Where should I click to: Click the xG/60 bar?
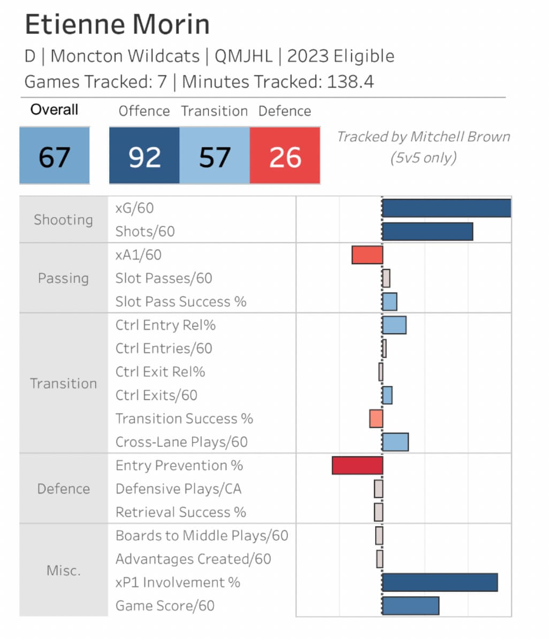pyautogui.click(x=446, y=208)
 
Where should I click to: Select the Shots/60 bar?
pyautogui.click(x=427, y=232)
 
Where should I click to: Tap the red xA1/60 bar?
pyautogui.click(x=367, y=255)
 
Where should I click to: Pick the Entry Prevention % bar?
pyautogui.click(x=357, y=465)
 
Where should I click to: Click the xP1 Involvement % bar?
pyautogui.click(x=440, y=582)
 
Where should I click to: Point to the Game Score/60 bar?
pyautogui.click(x=410, y=606)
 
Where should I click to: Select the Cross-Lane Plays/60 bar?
pyautogui.click(x=395, y=442)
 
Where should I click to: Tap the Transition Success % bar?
pyautogui.click(x=376, y=419)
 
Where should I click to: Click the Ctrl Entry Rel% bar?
pyautogui.click(x=394, y=325)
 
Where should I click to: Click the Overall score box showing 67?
pyautogui.click(x=55, y=157)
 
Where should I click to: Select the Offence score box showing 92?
pyautogui.click(x=144, y=157)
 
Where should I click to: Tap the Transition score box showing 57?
pyautogui.click(x=215, y=157)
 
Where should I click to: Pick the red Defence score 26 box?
pyautogui.click(x=285, y=157)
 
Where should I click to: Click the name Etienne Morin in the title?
pyautogui.click(x=117, y=25)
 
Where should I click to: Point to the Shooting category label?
pyautogui.click(x=63, y=220)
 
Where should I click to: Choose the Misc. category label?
pyautogui.click(x=63, y=571)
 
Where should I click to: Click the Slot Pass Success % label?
pyautogui.click(x=181, y=302)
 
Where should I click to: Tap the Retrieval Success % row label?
pyautogui.click(x=181, y=512)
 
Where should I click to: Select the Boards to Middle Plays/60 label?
pyautogui.click(x=202, y=536)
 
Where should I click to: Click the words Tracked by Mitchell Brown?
pyautogui.click(x=423, y=137)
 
